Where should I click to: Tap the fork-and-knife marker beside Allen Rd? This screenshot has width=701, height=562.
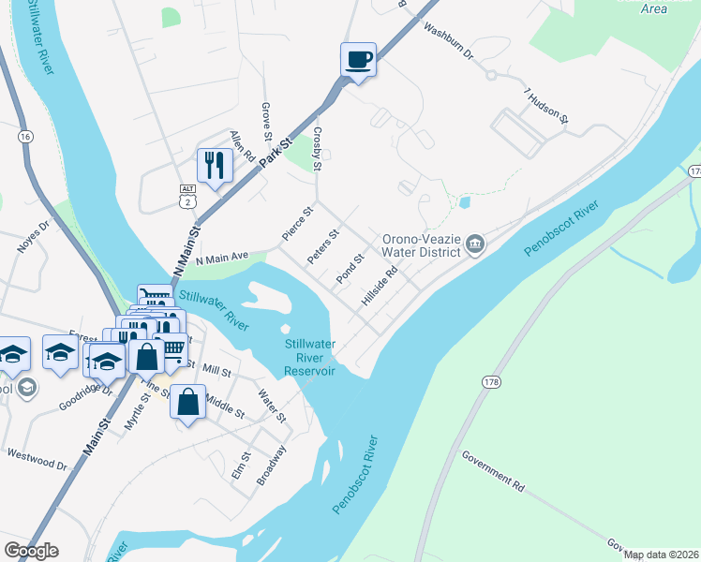215,167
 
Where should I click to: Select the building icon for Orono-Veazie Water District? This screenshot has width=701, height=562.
475,244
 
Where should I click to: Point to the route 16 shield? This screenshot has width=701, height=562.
24,137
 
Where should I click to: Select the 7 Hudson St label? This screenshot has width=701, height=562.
546,106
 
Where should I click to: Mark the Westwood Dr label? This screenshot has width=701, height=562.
37,459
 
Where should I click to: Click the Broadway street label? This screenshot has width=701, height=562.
271,464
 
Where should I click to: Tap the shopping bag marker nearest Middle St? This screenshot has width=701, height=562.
188,403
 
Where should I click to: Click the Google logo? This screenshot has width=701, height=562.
31,551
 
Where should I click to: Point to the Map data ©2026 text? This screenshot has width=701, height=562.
660,555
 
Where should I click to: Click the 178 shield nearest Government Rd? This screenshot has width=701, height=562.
490,382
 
